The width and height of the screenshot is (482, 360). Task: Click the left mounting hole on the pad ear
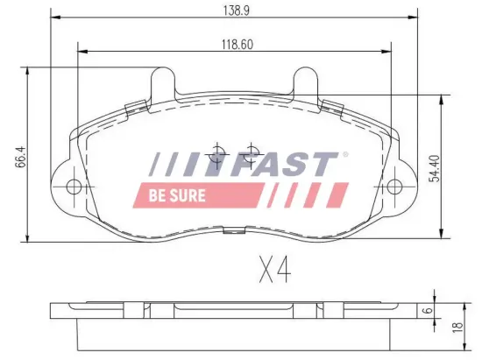click(74, 187)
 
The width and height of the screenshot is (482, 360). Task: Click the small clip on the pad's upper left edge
click(134, 107)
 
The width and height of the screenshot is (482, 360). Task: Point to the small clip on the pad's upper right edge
click(333, 107)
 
